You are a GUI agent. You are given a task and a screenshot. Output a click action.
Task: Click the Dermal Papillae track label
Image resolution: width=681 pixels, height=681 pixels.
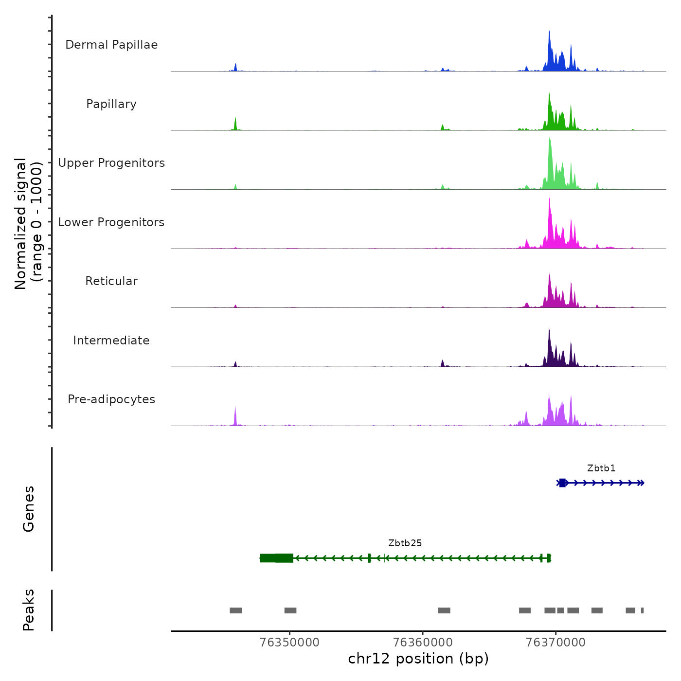(x=111, y=45)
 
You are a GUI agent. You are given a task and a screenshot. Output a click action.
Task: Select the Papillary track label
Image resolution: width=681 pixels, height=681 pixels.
(x=111, y=104)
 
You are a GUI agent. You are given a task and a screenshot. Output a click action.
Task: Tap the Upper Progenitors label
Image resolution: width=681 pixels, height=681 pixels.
(x=111, y=163)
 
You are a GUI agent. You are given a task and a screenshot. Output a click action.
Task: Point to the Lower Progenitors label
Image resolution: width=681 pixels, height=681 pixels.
(x=111, y=222)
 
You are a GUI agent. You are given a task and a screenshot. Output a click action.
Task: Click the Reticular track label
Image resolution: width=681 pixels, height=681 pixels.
(x=111, y=281)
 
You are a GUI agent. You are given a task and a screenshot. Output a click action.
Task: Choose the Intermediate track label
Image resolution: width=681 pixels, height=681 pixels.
(x=111, y=340)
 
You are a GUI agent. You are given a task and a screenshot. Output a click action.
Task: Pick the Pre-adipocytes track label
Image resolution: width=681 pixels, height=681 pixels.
(x=111, y=399)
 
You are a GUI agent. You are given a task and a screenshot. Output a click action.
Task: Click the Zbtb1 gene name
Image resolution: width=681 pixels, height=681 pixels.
(x=601, y=468)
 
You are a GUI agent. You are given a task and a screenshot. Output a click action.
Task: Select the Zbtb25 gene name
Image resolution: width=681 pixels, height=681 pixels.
(x=405, y=543)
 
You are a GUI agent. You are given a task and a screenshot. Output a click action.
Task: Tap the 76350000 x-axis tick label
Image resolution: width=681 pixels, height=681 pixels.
(x=290, y=643)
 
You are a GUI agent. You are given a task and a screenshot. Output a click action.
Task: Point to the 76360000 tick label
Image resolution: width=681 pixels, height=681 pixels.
(x=423, y=643)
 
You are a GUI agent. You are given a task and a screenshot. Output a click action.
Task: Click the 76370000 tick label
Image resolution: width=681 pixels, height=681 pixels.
(x=556, y=643)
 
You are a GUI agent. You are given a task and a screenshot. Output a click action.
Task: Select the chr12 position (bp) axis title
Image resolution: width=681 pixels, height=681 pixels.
(x=418, y=659)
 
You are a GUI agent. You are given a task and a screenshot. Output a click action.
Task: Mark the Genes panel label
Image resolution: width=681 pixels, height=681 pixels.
(x=29, y=509)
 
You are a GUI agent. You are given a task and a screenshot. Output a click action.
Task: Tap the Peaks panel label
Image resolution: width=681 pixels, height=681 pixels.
(x=29, y=610)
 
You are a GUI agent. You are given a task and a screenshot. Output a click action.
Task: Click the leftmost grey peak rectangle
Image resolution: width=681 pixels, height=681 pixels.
(x=236, y=610)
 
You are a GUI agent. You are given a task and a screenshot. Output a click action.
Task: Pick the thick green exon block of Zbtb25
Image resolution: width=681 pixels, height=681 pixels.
(x=276, y=558)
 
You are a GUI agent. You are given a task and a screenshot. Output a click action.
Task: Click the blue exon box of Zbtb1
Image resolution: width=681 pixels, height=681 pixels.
(x=562, y=483)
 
